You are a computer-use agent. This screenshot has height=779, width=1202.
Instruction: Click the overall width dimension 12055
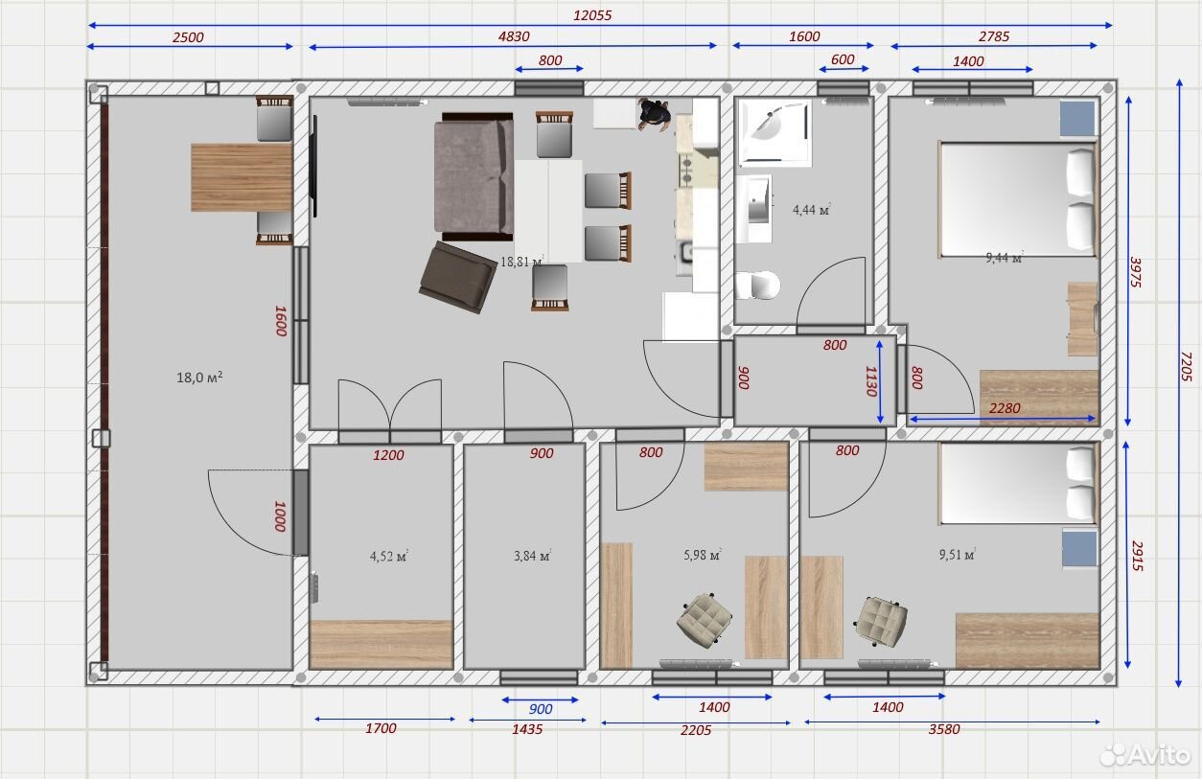point(591,15)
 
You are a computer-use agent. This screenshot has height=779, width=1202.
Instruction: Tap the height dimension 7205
point(1186,366)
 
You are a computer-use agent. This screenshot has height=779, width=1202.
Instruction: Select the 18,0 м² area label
point(199,378)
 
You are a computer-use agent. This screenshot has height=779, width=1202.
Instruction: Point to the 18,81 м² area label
point(521,262)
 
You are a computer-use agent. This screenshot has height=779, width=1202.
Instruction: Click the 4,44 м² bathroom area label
point(811,209)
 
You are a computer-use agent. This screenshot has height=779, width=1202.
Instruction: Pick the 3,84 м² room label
point(532,556)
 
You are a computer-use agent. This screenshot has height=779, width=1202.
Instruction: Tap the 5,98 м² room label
point(702,554)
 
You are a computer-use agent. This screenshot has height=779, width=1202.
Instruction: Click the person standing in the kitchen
point(654,114)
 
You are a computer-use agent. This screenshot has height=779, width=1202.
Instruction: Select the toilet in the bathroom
point(757,285)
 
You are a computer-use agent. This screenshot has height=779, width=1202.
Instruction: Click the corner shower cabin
point(774,132)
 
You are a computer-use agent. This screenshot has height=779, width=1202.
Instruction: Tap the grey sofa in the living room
point(474,176)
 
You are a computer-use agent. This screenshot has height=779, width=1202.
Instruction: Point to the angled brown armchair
point(458,277)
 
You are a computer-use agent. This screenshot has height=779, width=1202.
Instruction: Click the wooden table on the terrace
point(242,177)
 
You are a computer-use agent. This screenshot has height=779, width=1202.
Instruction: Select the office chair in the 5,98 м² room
point(704,618)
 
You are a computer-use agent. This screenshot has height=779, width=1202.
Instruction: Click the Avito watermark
point(1145,755)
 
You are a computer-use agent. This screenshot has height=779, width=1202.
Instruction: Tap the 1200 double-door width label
point(388,455)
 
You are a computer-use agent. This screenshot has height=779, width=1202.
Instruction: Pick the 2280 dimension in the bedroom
point(1004,408)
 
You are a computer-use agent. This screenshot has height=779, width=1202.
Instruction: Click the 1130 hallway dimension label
point(871,381)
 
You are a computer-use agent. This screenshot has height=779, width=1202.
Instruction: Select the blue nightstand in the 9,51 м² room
point(1079,549)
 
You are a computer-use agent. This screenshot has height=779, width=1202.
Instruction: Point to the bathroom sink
point(754,208)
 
